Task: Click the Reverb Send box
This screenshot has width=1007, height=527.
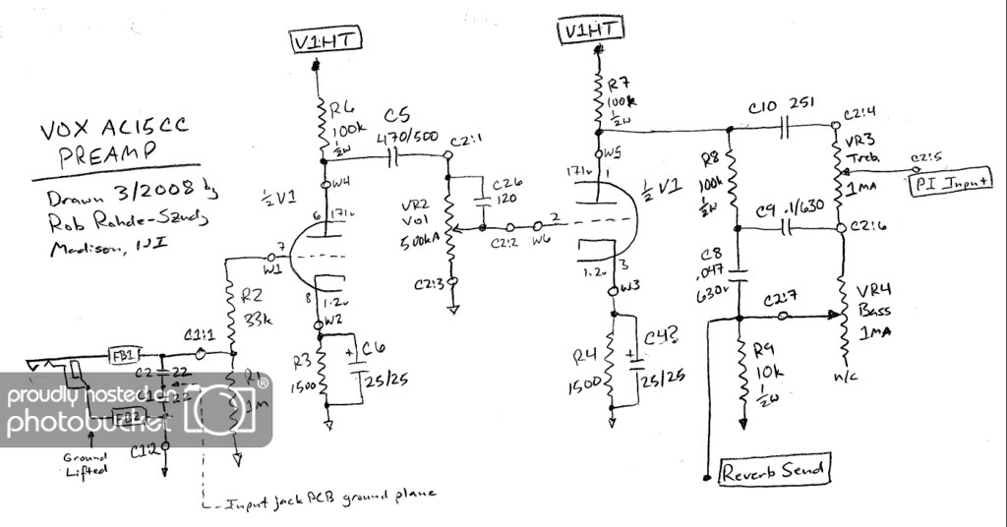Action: (775, 471)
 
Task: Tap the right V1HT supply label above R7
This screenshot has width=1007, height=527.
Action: (593, 30)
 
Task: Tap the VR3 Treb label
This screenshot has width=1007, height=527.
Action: (856, 149)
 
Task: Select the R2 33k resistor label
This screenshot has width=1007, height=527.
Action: (255, 299)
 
